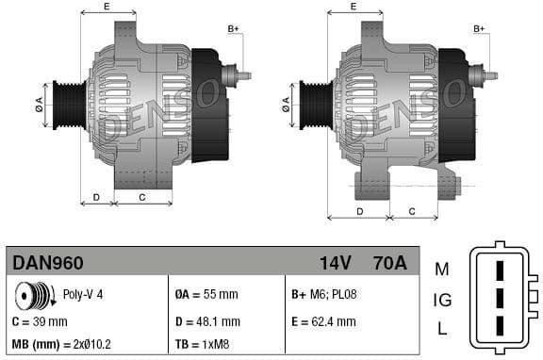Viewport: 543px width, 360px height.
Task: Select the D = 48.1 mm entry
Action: tap(208, 321)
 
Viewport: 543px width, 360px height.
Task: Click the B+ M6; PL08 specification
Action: tap(324, 295)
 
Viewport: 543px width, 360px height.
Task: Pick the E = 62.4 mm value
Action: tap(323, 321)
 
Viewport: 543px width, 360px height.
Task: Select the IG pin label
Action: tap(441, 301)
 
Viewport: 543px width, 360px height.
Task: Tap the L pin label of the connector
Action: tap(442, 329)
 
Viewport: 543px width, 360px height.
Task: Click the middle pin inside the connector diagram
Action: tap(501, 301)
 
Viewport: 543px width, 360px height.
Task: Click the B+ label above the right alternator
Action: tap(480, 29)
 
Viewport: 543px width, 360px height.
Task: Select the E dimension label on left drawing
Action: tap(106, 7)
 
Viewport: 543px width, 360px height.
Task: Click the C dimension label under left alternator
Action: tap(141, 197)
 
